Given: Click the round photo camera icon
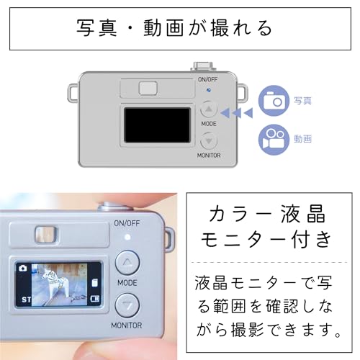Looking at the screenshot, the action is pyautogui.click(x=274, y=101).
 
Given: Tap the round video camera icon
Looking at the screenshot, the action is pyautogui.click(x=274, y=140).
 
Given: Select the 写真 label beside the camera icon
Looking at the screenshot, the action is pyautogui.click(x=302, y=101).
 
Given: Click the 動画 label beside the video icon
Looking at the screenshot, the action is pyautogui.click(x=302, y=139).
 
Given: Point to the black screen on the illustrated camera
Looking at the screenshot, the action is pyautogui.click(x=157, y=125).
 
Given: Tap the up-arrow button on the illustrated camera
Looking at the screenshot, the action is pyautogui.click(x=209, y=109).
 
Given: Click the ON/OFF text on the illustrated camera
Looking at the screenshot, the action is pyautogui.click(x=207, y=79).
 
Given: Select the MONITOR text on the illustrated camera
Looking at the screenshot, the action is pyautogui.click(x=209, y=156).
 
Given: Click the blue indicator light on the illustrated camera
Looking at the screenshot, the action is pyautogui.click(x=209, y=90).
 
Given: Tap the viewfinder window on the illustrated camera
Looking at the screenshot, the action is pyautogui.click(x=148, y=88).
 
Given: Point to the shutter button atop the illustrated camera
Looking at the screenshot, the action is pyautogui.click(x=203, y=66).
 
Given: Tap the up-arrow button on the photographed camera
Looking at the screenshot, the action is pyautogui.click(x=127, y=263).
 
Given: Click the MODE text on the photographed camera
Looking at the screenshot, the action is pyautogui.click(x=127, y=283).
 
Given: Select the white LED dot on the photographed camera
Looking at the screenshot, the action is pyautogui.click(x=127, y=238).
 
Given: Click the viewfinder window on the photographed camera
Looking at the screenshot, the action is pyautogui.click(x=46, y=234).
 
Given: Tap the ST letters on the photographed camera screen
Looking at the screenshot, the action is pyautogui.click(x=26, y=300).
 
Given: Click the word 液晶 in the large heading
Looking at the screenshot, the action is pyautogui.click(x=303, y=213).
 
